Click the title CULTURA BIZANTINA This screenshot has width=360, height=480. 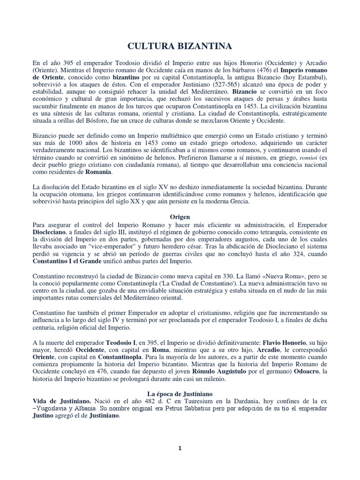coord(180,46)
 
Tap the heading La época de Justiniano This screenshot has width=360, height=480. coord(180,394)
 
